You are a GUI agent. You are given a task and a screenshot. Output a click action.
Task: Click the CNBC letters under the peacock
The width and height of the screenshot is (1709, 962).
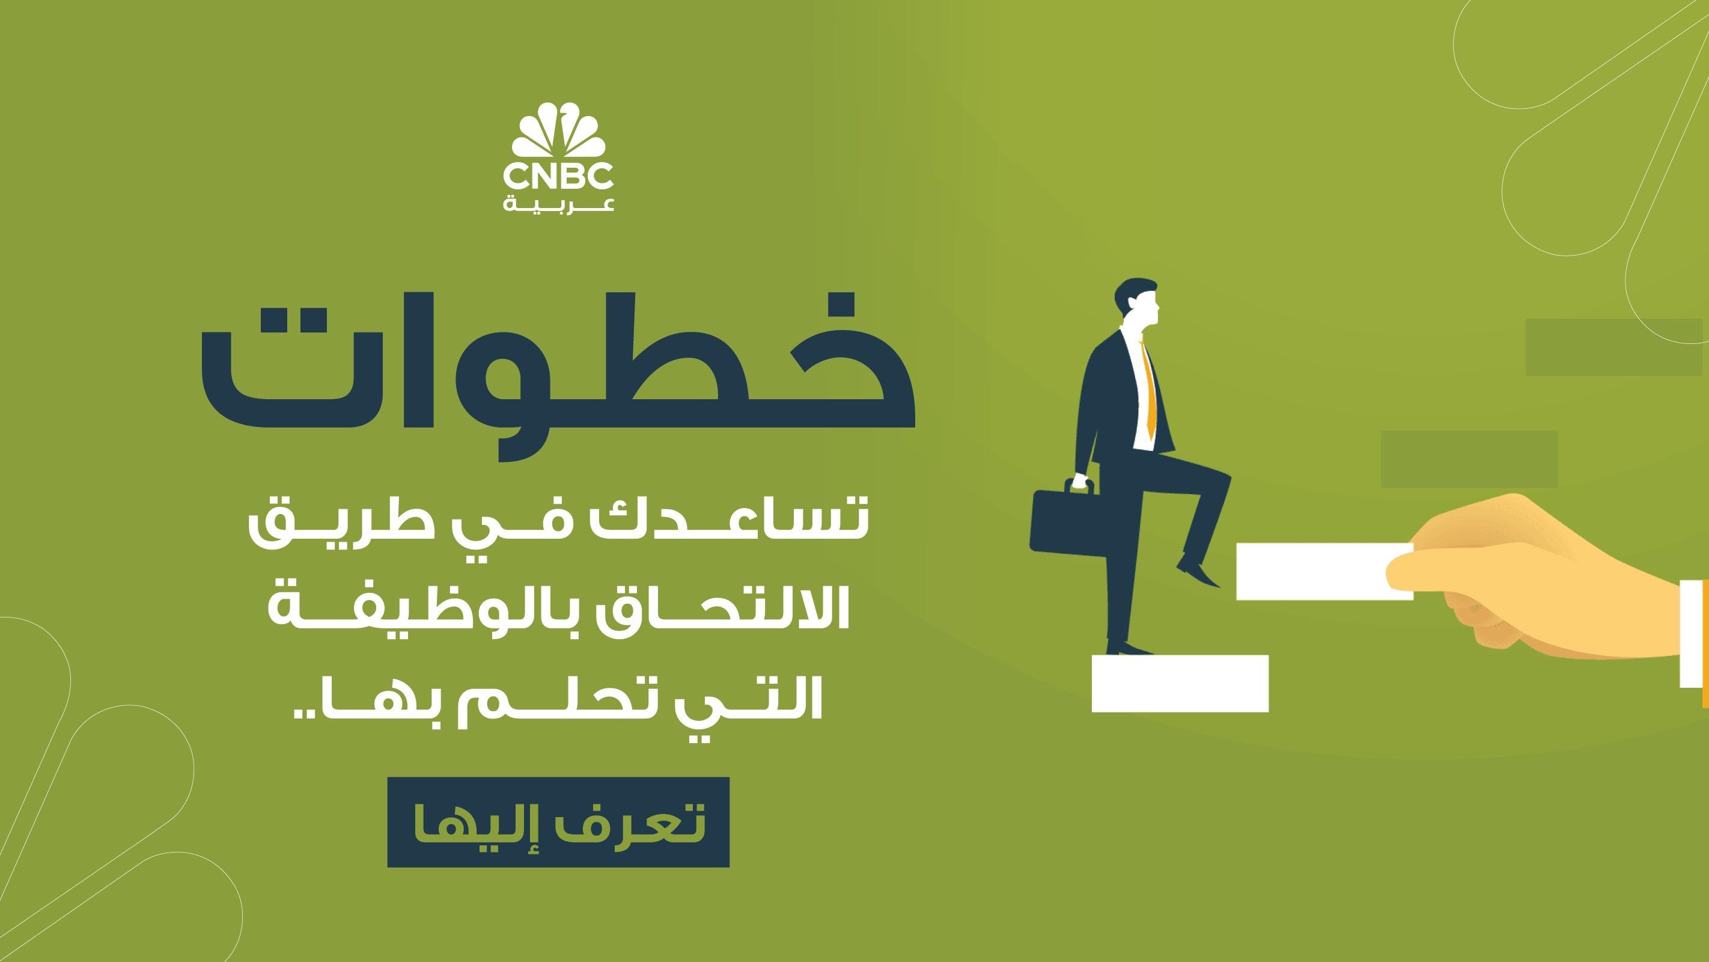[558, 177]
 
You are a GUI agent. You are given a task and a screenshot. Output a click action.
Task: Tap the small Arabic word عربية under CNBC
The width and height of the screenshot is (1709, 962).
[558, 203]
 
